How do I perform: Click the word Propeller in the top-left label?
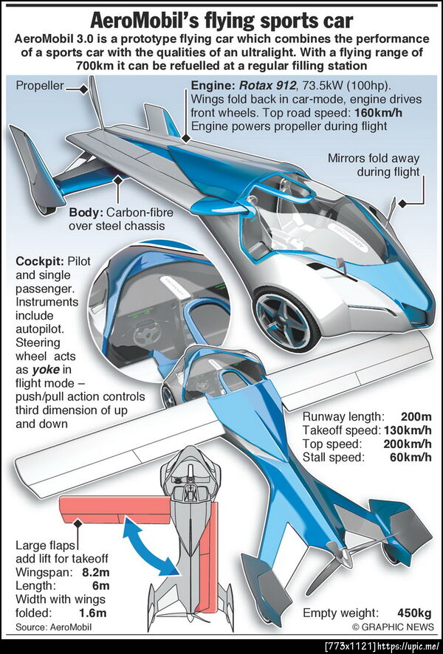click(40, 86)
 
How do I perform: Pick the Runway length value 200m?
click(416, 416)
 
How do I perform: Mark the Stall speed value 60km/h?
click(412, 458)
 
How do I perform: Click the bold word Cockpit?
click(38, 262)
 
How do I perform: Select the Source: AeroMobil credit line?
click(52, 627)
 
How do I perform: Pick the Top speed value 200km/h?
click(407, 444)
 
